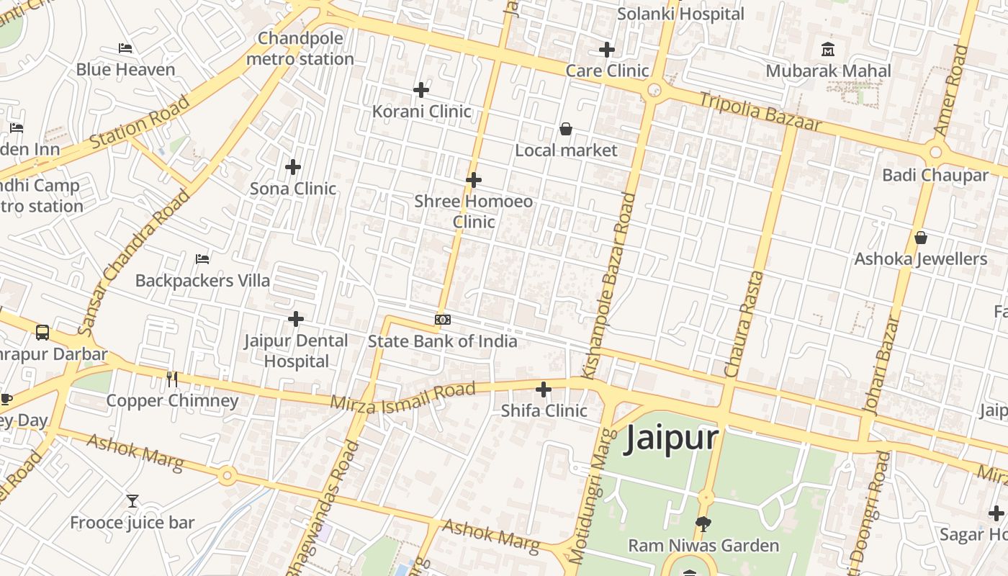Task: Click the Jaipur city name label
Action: (671, 438)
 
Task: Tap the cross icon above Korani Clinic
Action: (421, 90)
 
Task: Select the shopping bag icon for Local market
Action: (566, 129)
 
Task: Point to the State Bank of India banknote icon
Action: (443, 319)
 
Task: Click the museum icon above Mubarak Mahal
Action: (828, 50)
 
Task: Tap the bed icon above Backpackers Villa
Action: (202, 258)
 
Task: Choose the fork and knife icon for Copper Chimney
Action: (172, 379)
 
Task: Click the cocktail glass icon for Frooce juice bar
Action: (132, 500)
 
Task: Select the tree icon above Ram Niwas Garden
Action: (703, 523)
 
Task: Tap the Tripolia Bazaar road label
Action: (760, 112)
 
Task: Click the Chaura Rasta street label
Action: (744, 324)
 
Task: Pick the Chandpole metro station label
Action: (300, 48)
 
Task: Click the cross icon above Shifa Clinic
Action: (544, 390)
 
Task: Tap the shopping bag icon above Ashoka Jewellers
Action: (920, 238)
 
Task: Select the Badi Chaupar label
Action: (935, 175)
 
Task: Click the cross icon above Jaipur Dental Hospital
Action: (296, 318)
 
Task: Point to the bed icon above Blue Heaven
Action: (125, 48)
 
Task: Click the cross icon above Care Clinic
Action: (607, 50)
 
